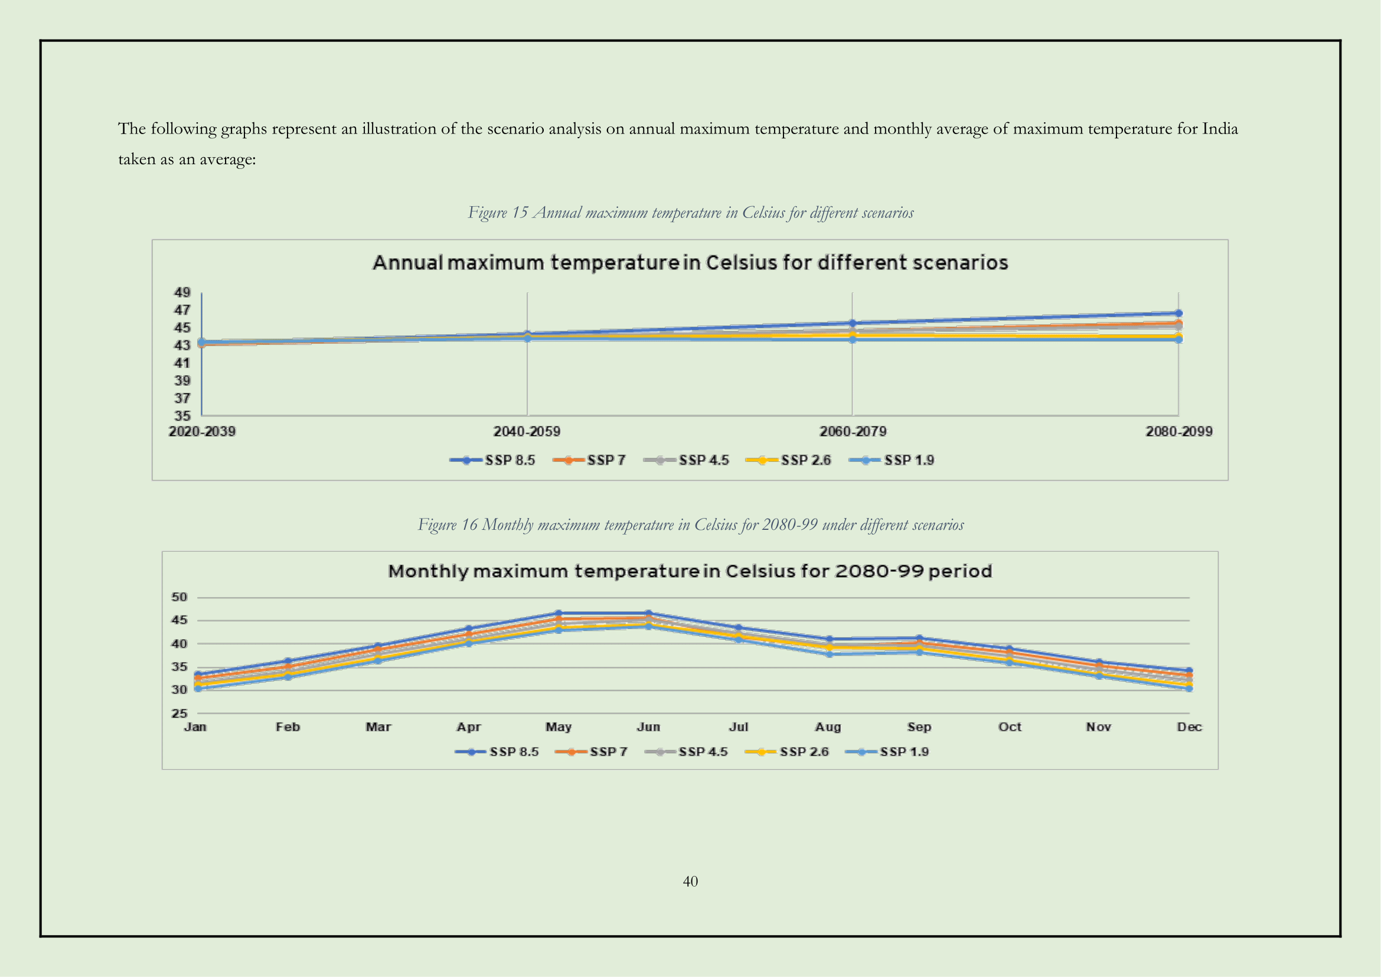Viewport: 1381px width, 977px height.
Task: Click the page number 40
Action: (x=690, y=881)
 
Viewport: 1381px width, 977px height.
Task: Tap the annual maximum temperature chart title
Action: (x=690, y=263)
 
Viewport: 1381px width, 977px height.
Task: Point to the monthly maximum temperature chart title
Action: (x=690, y=571)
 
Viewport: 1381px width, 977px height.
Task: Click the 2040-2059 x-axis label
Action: (x=527, y=431)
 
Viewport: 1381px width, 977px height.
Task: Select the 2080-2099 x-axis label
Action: (x=1178, y=431)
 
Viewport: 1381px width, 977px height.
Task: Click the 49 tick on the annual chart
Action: (x=182, y=292)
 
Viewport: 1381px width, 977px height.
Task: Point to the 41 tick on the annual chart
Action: (x=182, y=363)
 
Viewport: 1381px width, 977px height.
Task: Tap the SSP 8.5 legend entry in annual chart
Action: (x=492, y=460)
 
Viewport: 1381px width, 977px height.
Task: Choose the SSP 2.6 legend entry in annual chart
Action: (x=789, y=460)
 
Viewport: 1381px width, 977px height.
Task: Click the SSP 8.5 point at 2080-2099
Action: (x=1178, y=314)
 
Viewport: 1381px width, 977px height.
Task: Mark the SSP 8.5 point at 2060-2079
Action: (x=853, y=323)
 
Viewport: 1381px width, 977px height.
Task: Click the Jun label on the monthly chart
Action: (x=648, y=727)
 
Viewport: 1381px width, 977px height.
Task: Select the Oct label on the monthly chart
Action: (x=1009, y=727)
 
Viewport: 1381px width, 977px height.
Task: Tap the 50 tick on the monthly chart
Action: (x=179, y=597)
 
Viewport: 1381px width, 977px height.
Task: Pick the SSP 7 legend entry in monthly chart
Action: (x=591, y=752)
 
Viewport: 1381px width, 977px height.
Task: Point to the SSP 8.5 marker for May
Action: (x=558, y=614)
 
